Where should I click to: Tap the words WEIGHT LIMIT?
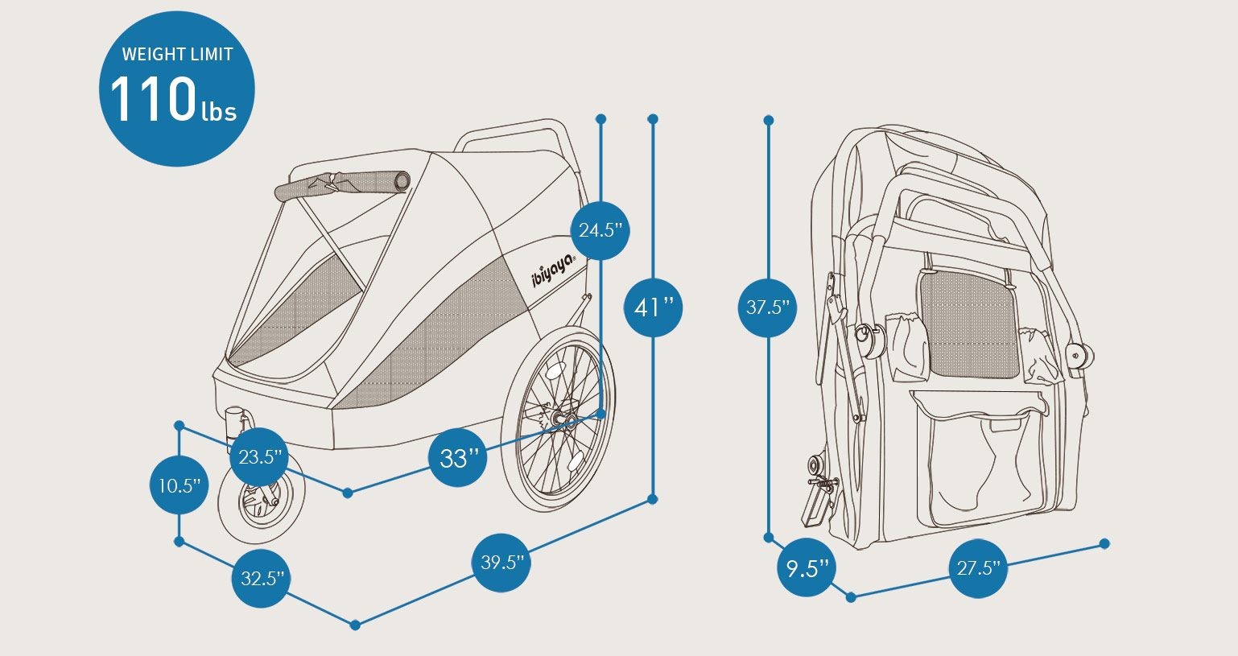click(x=177, y=55)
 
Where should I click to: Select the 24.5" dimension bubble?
click(x=600, y=230)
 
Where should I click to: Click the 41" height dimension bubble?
click(x=653, y=307)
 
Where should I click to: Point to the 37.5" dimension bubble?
click(x=767, y=307)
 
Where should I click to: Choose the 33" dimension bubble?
click(x=457, y=458)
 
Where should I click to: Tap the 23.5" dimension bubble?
click(x=259, y=457)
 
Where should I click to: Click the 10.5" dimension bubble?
click(x=179, y=485)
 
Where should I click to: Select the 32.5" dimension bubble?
click(x=261, y=578)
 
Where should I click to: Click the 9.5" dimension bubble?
click(x=807, y=568)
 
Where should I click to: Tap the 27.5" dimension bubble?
click(x=977, y=568)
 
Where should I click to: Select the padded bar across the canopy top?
click(x=342, y=184)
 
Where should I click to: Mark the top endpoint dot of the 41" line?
click(x=653, y=119)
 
